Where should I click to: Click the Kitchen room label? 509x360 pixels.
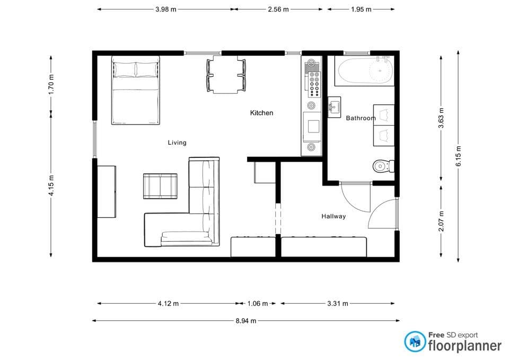261,113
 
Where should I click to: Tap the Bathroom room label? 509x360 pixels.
361,118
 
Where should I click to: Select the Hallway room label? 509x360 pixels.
334,216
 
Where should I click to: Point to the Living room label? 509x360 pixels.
177,143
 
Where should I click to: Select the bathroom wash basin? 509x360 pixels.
334,107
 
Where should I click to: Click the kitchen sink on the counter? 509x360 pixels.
311,126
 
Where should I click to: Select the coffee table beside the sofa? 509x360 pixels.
161,186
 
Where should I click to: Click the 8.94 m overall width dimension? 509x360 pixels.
245,321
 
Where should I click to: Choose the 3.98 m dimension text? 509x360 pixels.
166,9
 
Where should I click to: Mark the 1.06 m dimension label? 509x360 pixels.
258,304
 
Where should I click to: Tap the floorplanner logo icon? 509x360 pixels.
415,342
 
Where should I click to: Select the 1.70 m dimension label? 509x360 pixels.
51,84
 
